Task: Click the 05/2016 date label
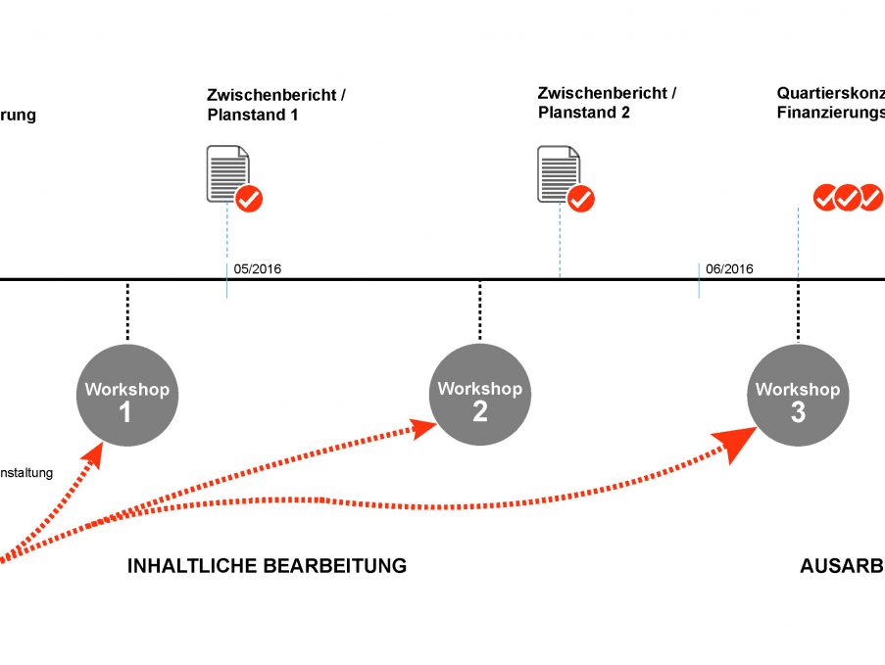258,269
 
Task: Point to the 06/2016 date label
729,269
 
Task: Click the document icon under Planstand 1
226,173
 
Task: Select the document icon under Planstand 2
558,173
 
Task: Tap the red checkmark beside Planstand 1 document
249,199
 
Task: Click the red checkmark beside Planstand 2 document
581,199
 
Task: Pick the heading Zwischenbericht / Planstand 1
275,105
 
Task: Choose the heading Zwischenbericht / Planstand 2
607,103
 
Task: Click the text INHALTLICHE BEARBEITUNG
267,566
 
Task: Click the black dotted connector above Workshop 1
127,311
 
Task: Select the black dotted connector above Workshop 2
479,311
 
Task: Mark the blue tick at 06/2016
699,280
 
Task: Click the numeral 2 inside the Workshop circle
480,411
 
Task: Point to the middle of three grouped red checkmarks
848,198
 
